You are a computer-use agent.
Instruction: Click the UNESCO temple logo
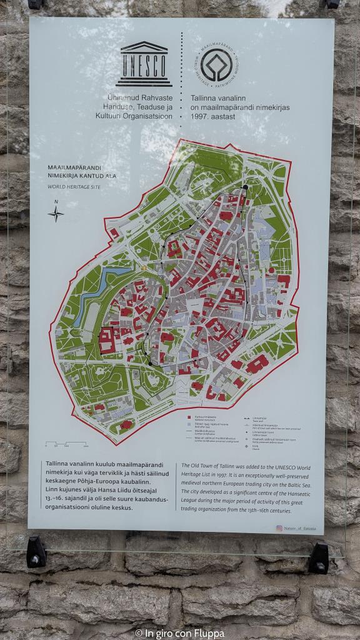coord(144,64)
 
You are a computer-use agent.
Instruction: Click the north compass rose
coord(56,213)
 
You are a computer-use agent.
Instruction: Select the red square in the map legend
coord(189,416)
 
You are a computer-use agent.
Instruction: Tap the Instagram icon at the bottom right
coord(279,528)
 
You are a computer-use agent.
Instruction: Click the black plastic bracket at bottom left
coord(36,553)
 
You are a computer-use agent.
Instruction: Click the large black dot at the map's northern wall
coord(246,187)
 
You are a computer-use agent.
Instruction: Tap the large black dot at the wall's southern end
coord(150,362)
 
